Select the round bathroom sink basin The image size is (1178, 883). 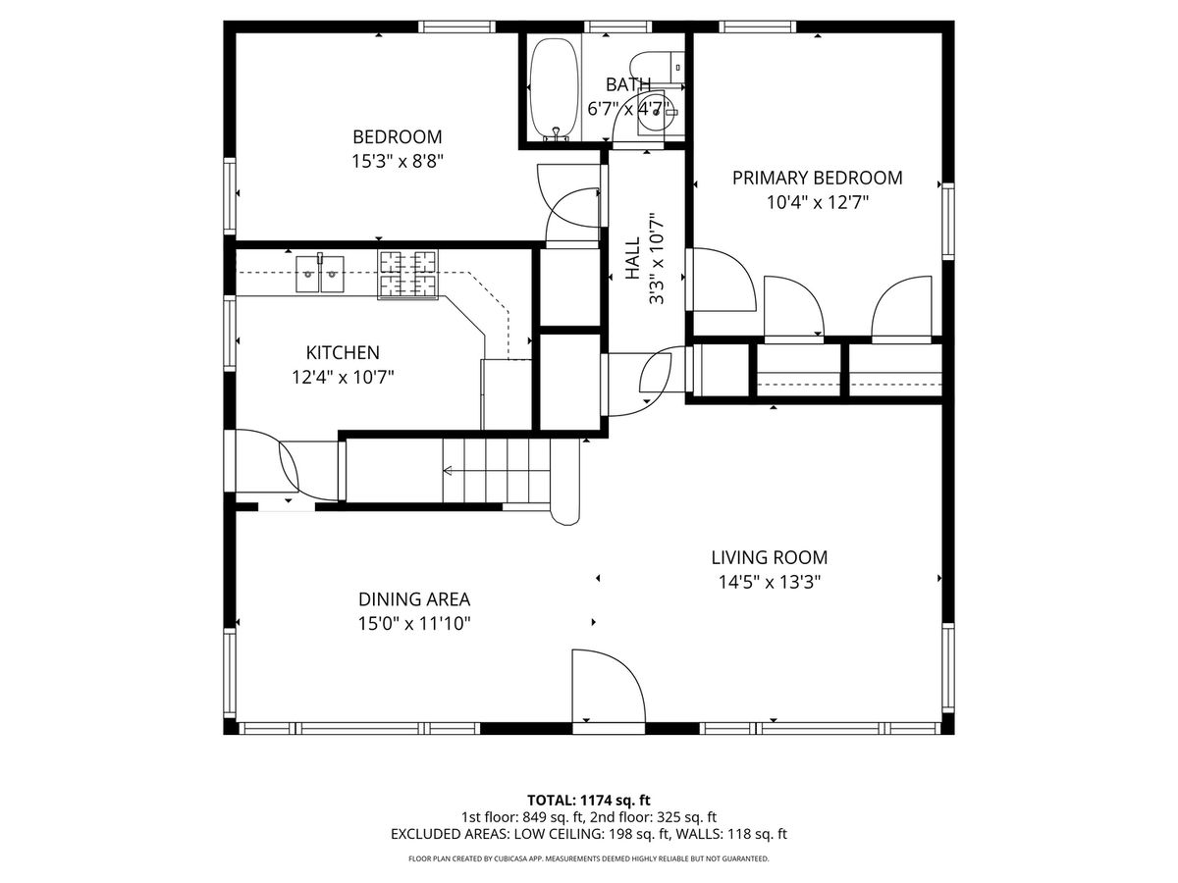point(655,114)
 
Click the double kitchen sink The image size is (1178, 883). point(320,274)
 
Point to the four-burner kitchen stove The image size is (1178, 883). point(407,275)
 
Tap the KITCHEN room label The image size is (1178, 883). point(343,352)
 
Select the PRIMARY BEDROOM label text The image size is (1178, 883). point(817,178)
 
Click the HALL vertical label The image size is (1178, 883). point(633,258)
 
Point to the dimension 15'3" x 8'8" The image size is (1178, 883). point(398,161)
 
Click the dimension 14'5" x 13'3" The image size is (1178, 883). point(770,582)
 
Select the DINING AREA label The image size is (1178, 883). point(414,598)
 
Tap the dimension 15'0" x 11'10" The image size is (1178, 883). point(414,624)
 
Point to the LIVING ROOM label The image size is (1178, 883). point(770,557)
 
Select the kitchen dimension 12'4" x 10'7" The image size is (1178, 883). point(343,377)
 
